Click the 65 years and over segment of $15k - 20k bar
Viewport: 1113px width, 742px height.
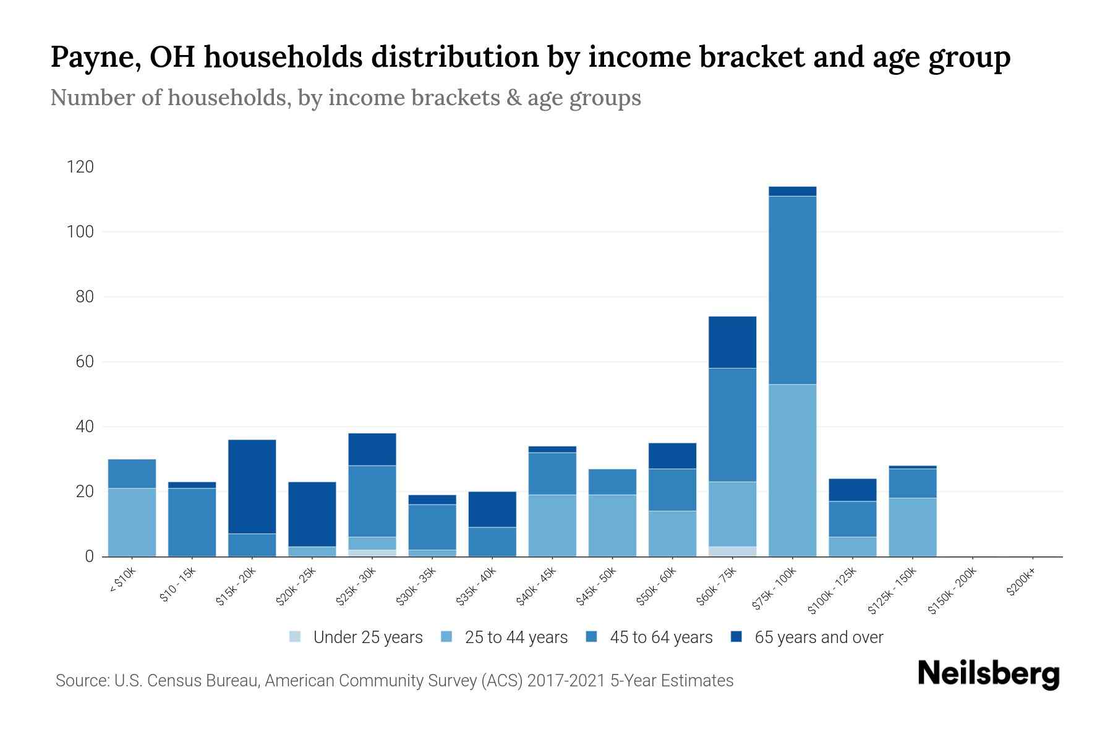[x=252, y=486]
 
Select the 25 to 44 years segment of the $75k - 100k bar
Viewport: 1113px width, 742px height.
[x=792, y=471]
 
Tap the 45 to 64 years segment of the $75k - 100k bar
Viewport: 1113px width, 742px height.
[x=792, y=290]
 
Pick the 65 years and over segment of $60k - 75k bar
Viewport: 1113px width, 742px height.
[x=732, y=342]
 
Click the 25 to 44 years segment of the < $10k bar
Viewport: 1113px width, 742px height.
[x=132, y=522]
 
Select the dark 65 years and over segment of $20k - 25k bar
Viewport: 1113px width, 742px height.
[x=312, y=514]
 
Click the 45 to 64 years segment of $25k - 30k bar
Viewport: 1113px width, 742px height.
[x=372, y=501]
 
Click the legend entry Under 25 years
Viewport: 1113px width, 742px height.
[x=367, y=638]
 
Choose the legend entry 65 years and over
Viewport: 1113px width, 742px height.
[x=818, y=638]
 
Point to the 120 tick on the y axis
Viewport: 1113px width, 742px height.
[x=80, y=167]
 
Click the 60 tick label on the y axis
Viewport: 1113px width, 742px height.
[x=85, y=362]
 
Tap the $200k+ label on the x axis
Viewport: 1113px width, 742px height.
[x=1020, y=584]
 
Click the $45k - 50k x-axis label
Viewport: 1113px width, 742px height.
[x=595, y=587]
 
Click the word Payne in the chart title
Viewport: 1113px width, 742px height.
[x=93, y=58]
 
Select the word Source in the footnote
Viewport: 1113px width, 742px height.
[x=82, y=681]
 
